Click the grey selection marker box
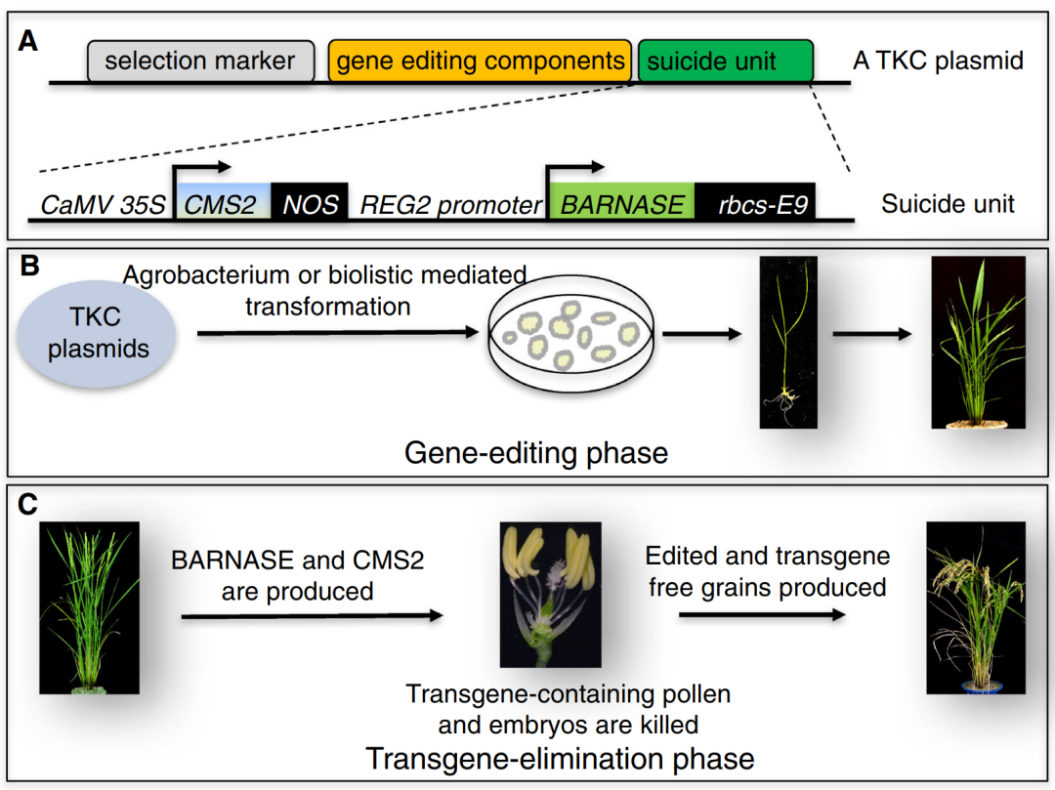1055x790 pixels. (200, 62)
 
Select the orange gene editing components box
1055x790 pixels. (480, 62)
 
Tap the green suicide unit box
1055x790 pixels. (725, 62)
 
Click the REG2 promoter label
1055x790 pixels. (450, 205)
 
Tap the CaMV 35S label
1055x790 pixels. (103, 204)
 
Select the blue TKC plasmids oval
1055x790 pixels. (97, 334)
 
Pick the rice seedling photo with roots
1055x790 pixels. (788, 342)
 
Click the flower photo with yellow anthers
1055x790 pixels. (550, 595)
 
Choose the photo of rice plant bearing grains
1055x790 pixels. (976, 607)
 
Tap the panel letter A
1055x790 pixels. (27, 42)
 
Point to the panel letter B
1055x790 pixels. (29, 267)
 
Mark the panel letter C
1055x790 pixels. (27, 504)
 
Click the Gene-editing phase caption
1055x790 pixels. (536, 454)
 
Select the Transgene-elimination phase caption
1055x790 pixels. (561, 759)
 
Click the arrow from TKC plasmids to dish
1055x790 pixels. (338, 332)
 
